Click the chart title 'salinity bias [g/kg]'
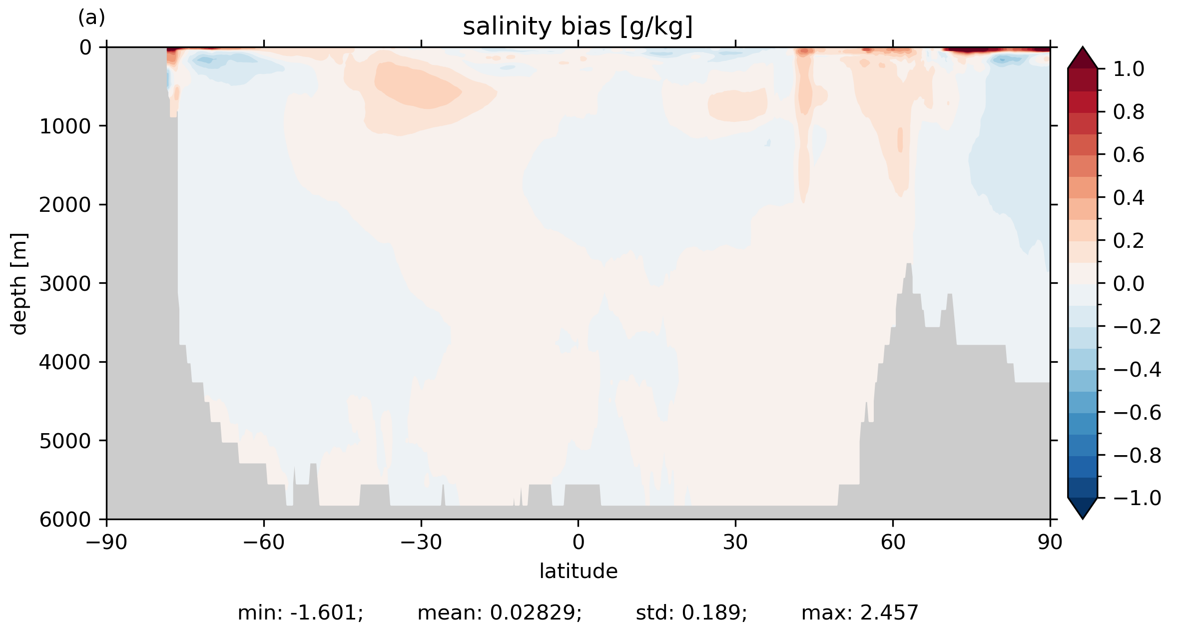click(x=578, y=27)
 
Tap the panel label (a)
click(x=91, y=18)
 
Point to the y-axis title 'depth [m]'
click(x=19, y=283)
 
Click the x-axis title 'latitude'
click(x=578, y=571)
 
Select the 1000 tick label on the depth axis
click(x=65, y=126)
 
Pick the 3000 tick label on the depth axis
click(x=65, y=284)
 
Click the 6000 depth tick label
click(x=65, y=520)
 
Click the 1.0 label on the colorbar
click(x=1129, y=69)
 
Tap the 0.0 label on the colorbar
click(x=1129, y=284)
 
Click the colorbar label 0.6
click(x=1129, y=155)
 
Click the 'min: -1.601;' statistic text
click(x=300, y=613)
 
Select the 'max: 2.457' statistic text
click(x=860, y=613)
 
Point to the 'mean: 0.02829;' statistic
click(x=500, y=613)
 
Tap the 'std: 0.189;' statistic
click(x=691, y=613)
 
